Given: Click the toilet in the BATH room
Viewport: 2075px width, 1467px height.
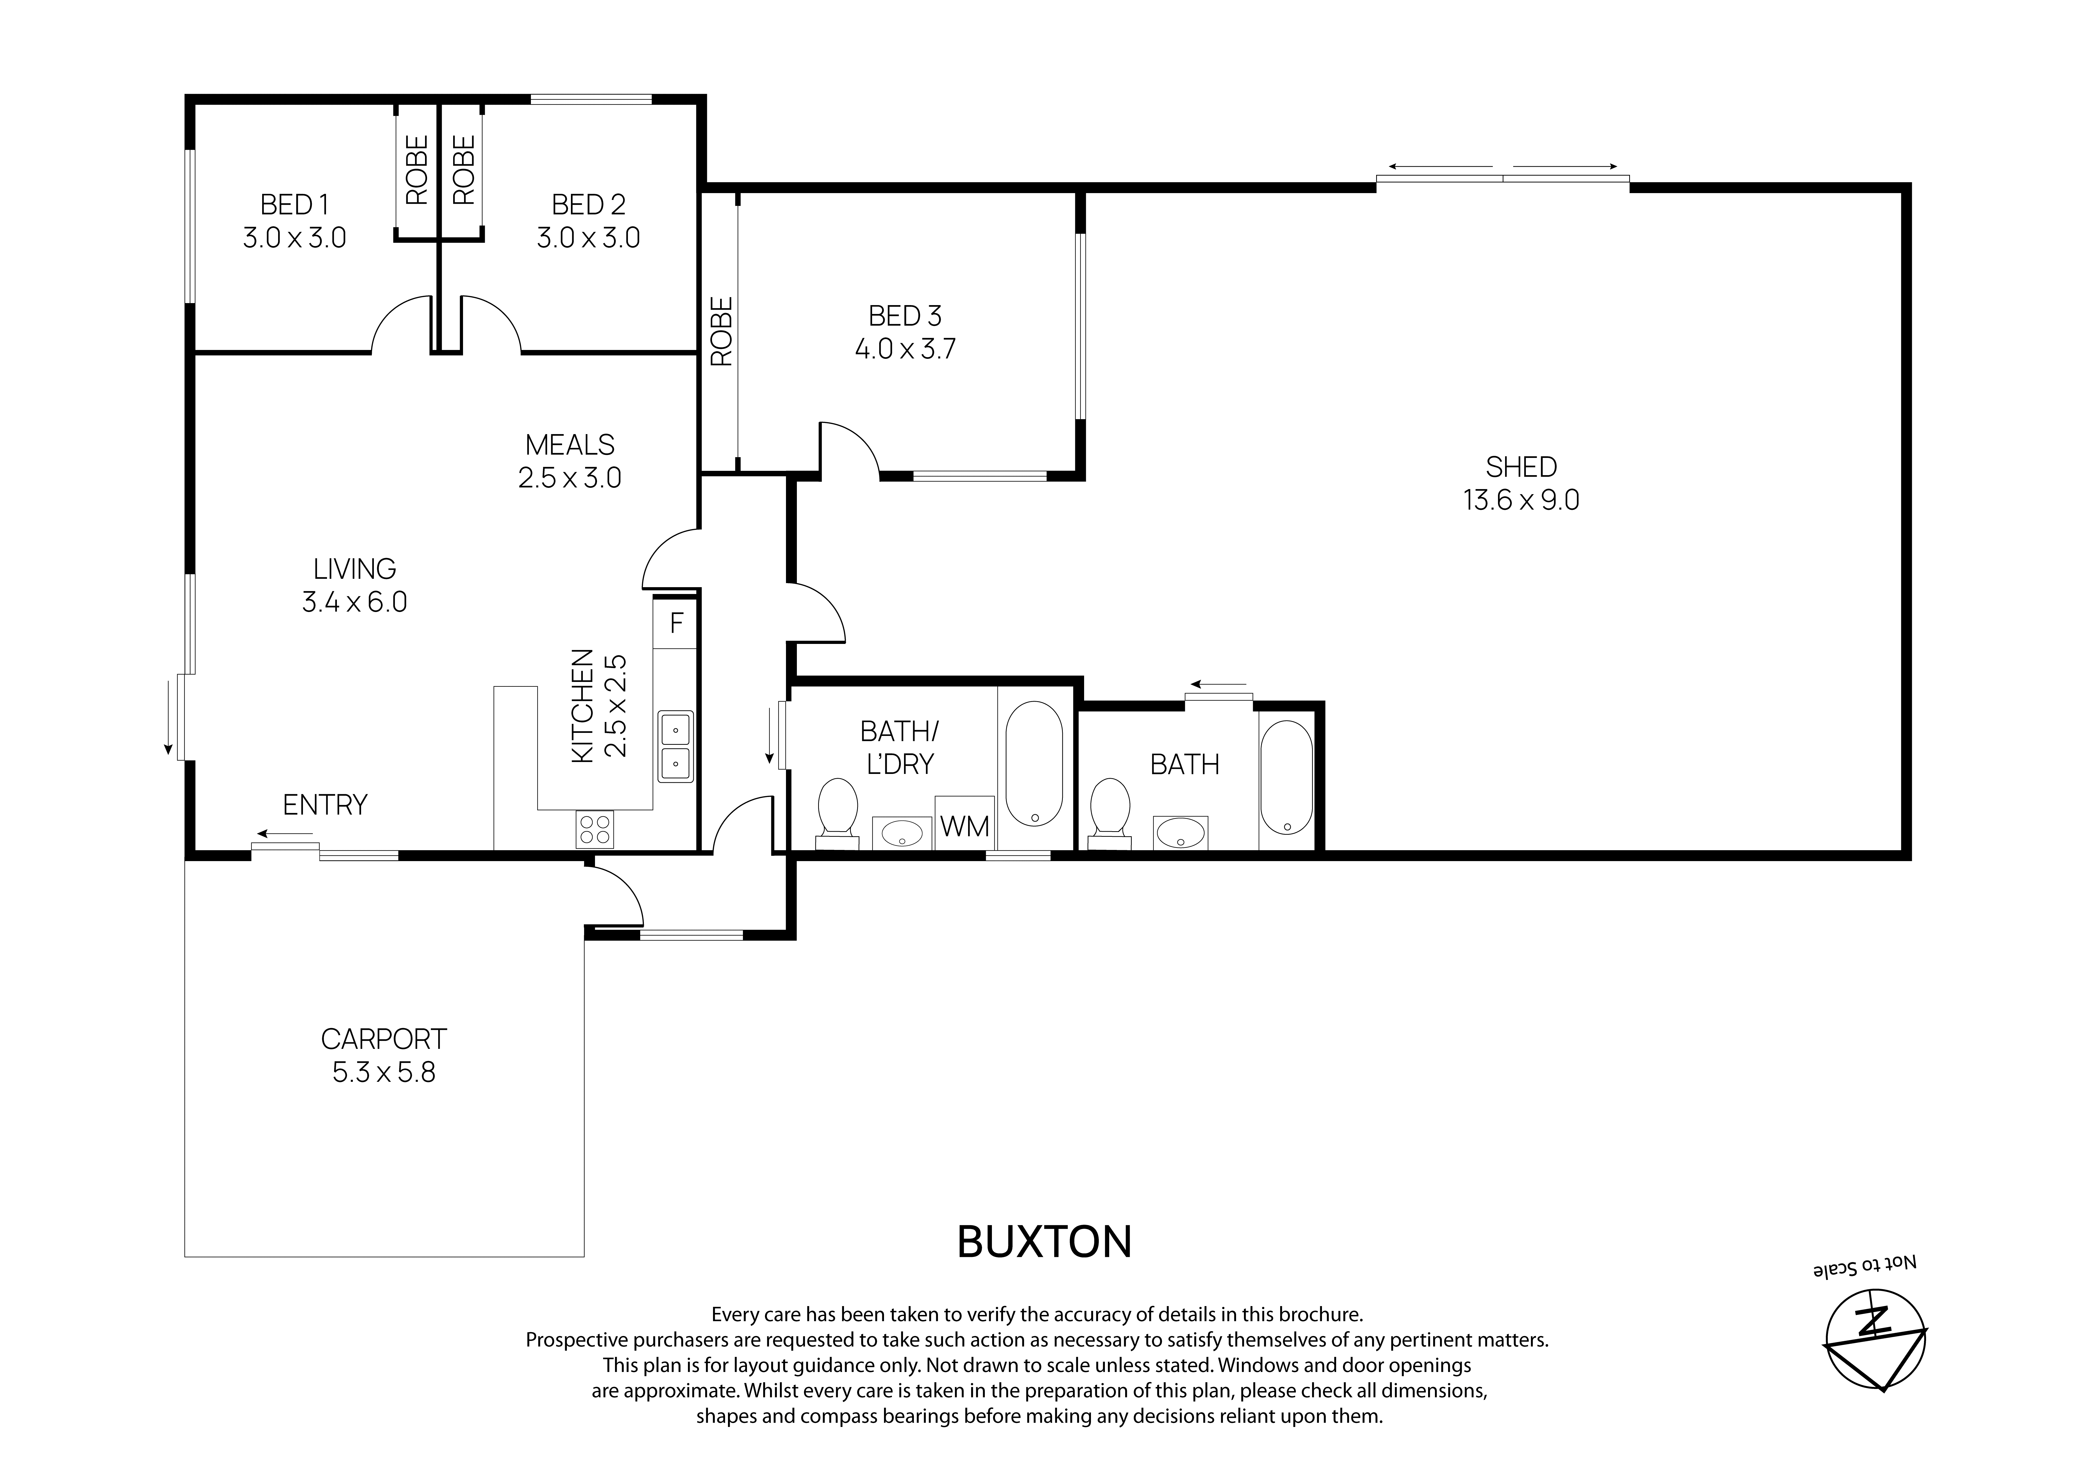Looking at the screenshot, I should (1110, 812).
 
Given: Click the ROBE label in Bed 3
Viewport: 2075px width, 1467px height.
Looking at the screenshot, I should (721, 332).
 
